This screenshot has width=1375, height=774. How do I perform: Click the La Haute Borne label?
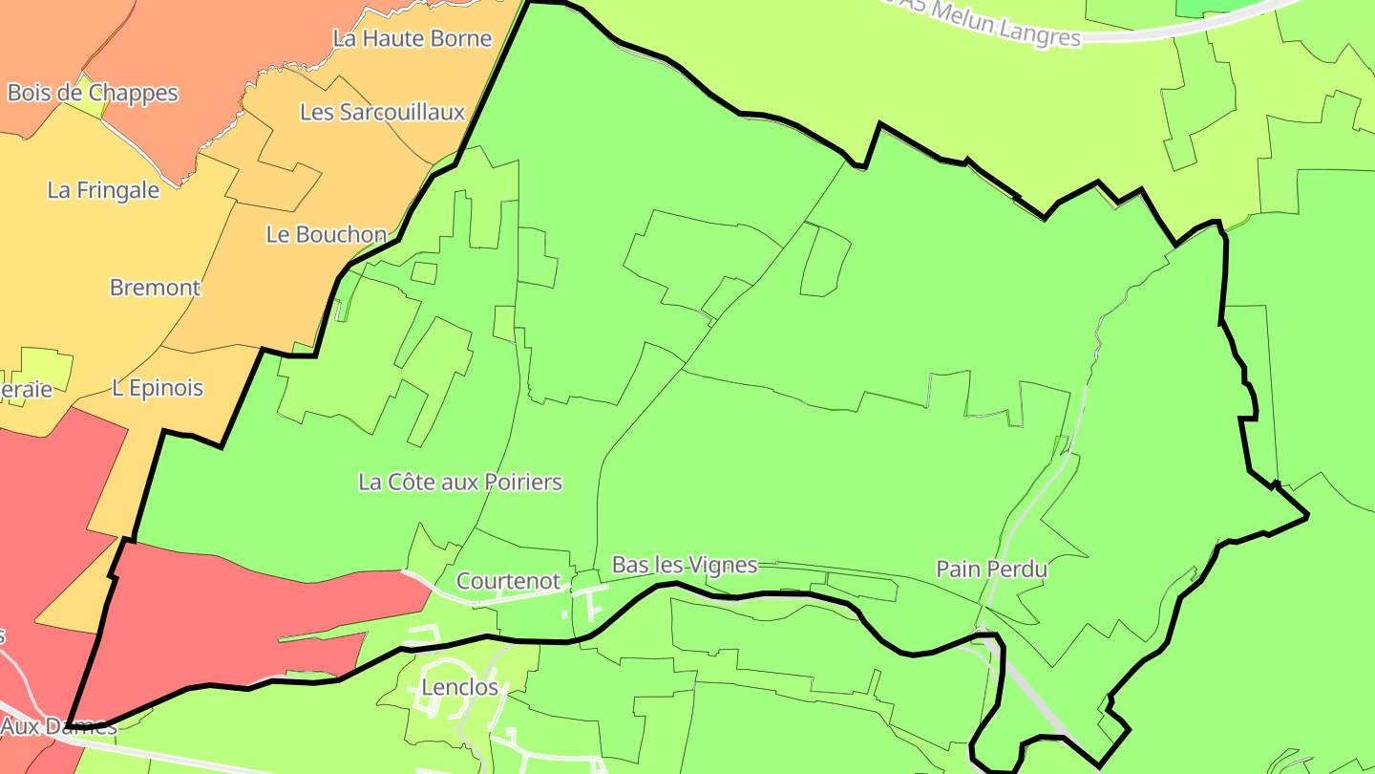[412, 38]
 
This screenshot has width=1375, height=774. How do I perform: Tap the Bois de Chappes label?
[93, 93]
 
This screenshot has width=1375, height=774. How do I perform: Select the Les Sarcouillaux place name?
[382, 112]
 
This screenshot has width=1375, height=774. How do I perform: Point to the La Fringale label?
[103, 190]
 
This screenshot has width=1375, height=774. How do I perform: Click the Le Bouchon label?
[327, 234]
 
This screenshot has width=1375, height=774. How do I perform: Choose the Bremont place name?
[156, 288]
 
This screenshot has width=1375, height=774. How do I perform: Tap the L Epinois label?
[158, 388]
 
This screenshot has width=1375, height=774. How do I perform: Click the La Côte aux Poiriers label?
[460, 482]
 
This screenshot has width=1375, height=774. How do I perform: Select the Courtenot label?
[508, 581]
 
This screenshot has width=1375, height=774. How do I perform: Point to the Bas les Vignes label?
[685, 565]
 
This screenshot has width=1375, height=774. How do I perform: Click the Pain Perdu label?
[991, 570]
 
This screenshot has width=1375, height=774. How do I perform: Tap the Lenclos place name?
[460, 687]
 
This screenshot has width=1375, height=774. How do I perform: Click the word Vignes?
[725, 565]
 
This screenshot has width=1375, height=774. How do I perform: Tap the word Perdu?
[1019, 570]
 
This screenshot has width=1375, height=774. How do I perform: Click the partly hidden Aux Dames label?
[58, 726]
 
